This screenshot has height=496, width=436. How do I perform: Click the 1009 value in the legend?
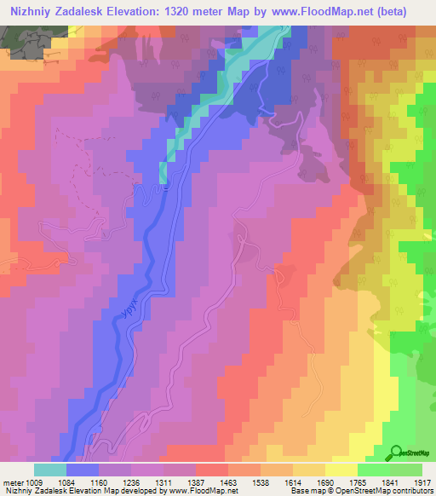34,482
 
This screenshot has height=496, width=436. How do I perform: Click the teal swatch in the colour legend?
50,470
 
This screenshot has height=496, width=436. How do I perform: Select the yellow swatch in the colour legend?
341,470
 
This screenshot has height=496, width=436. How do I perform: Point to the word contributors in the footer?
412,492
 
